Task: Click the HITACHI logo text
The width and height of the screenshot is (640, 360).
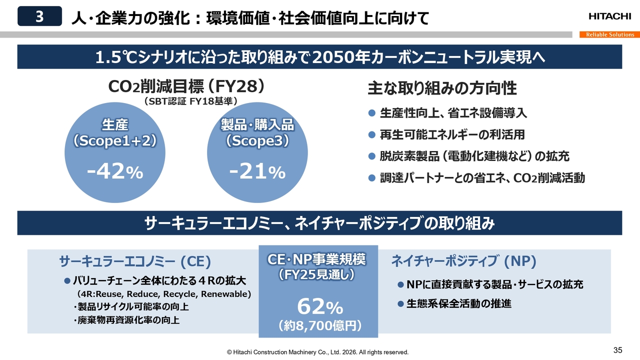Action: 609,16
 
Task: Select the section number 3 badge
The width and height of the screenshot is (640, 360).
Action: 39,16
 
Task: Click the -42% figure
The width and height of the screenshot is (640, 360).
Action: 115,172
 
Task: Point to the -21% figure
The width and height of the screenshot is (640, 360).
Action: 257,172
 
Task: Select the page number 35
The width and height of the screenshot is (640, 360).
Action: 617,349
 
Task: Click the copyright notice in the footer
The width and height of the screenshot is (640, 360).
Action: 317,352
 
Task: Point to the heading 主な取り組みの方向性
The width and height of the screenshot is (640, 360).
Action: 442,88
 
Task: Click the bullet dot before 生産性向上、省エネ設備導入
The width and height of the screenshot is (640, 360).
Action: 371,113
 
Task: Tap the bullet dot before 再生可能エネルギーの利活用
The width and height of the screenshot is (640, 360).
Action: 371,134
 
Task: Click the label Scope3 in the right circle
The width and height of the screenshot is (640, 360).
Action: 257,141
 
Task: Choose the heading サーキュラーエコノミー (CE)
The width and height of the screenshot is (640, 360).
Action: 135,261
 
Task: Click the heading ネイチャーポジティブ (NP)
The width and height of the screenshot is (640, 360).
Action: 463,261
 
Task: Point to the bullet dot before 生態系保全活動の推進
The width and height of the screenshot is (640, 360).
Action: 400,303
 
